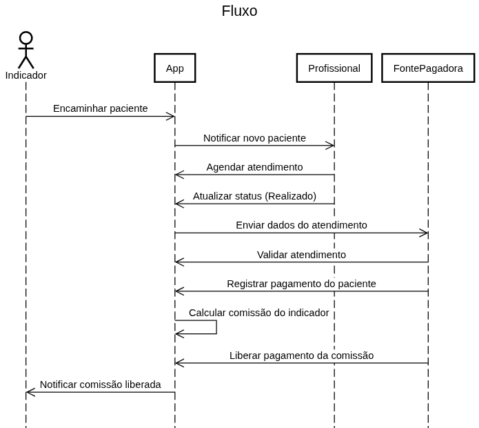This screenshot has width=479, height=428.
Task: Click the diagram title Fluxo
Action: point(239,11)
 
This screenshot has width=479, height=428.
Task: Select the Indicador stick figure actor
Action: point(26,50)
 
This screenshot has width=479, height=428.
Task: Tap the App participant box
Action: point(175,68)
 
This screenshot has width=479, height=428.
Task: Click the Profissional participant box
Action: point(334,68)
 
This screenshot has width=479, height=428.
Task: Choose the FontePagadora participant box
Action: point(428,68)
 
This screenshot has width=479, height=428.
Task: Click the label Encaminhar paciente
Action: point(101,108)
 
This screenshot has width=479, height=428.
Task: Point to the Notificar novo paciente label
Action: point(254,138)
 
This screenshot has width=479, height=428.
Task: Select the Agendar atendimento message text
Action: point(254,167)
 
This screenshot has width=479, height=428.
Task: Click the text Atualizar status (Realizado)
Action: point(254,196)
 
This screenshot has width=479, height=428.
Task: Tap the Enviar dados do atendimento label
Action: point(301,225)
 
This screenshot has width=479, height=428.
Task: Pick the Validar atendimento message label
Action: point(301,255)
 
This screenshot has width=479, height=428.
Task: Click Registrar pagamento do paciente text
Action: point(301,284)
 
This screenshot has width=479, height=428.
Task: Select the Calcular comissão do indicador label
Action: point(258,313)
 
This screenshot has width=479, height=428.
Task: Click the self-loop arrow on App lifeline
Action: point(216,327)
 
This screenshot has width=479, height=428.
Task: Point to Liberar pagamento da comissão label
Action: point(301,356)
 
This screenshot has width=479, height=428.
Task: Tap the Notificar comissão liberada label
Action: point(101,385)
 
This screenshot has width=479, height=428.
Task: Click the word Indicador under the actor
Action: point(26,75)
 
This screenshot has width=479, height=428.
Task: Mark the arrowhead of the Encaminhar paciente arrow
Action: point(171,117)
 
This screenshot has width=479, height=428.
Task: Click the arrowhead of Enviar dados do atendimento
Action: point(424,233)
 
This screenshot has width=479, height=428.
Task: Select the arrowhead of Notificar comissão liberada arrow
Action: point(30,392)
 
